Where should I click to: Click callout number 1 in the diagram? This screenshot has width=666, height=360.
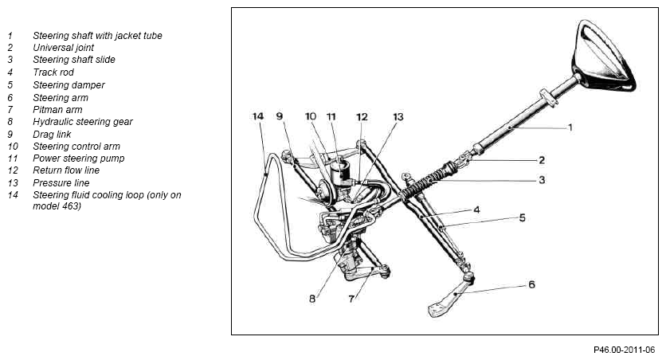(570, 127)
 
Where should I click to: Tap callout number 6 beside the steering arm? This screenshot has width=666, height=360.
(532, 284)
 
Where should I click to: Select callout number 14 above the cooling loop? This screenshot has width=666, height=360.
(258, 116)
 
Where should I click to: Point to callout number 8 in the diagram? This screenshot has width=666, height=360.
(312, 299)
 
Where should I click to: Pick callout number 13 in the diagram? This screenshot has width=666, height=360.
(398, 117)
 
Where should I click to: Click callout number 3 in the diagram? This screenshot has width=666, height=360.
(542, 180)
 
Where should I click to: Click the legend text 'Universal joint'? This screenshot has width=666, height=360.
(63, 48)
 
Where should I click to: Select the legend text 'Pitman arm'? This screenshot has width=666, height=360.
(57, 110)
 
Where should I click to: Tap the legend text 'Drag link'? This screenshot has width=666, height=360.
(52, 134)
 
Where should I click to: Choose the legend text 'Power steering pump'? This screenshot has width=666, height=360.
(79, 158)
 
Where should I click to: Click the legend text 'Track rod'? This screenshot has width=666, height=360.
(53, 72)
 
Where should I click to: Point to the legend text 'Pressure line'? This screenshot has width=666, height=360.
(61, 183)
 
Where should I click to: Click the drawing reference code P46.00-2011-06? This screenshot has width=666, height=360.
(624, 350)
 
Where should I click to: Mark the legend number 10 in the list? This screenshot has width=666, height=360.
(13, 147)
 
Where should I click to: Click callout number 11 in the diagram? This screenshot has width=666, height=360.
(331, 116)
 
